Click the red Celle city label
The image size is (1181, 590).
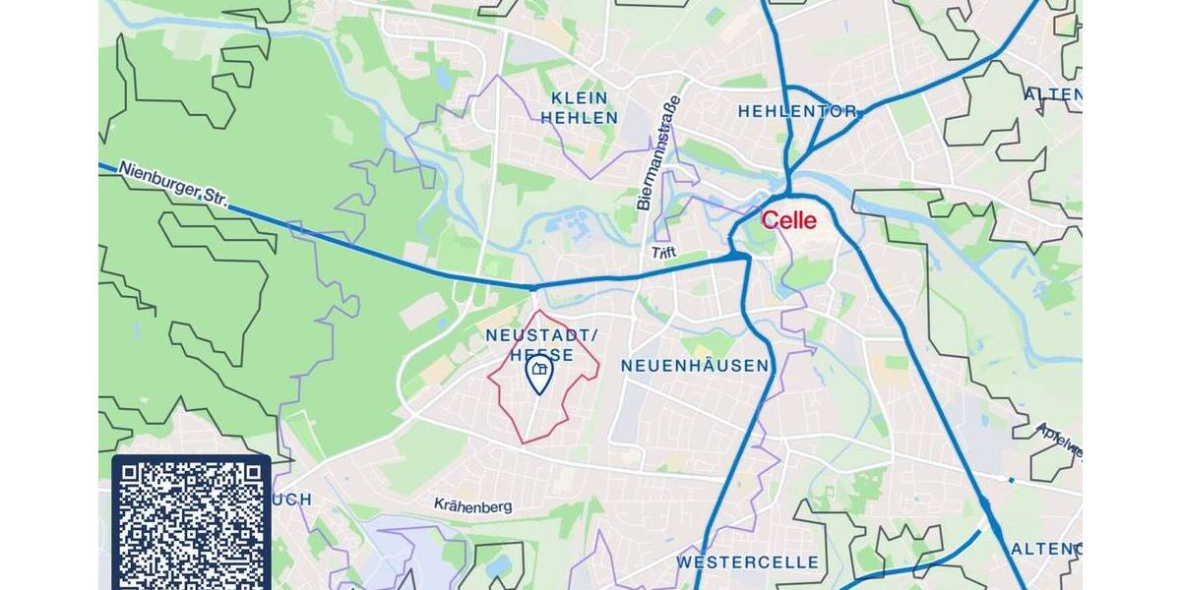[789, 220]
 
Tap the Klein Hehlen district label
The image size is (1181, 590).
[580, 108]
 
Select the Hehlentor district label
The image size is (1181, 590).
[798, 112]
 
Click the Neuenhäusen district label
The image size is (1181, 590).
[695, 366]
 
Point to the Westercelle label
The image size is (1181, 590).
[747, 562]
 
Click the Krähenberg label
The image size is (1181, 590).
[473, 504]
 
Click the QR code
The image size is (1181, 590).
[191, 522]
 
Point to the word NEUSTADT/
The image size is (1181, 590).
[541, 335]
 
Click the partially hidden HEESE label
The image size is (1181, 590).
[541, 354]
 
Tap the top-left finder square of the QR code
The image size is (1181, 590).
[134, 478]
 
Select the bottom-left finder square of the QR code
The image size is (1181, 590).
[134, 575]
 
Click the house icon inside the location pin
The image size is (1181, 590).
[538, 369]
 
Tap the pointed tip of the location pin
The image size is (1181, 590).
[538, 392]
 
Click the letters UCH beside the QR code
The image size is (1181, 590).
[291, 500]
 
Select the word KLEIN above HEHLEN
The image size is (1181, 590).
[580, 98]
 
